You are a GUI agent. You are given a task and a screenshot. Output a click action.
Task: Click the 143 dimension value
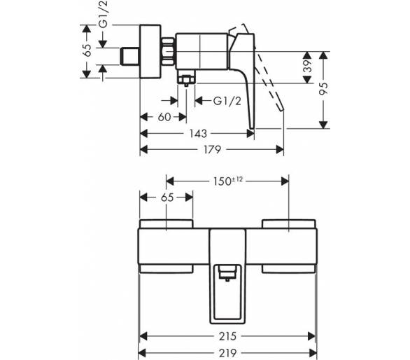[198, 134]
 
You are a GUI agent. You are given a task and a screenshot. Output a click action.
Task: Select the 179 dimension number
[212, 149]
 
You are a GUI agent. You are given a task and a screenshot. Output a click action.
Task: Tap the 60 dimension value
[164, 117]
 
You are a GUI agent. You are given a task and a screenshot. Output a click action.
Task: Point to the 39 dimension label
[309, 66]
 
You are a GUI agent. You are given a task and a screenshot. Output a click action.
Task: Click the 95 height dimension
[324, 88]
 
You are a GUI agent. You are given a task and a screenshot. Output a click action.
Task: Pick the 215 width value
[228, 336]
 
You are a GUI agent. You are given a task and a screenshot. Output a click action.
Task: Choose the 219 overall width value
[228, 353]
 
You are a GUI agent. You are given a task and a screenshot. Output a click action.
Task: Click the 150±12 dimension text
[228, 181]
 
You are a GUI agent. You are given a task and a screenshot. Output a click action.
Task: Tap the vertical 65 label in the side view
[87, 50]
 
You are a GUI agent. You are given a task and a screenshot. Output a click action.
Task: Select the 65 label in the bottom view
[167, 198]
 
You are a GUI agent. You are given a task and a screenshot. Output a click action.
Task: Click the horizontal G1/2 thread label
[227, 101]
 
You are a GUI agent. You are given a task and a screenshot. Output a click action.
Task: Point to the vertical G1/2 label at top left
[104, 14]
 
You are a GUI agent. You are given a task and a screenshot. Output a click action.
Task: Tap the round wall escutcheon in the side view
[150, 52]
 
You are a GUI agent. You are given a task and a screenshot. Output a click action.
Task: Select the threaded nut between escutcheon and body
[168, 52]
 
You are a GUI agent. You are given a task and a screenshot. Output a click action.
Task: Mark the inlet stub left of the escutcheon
[130, 56]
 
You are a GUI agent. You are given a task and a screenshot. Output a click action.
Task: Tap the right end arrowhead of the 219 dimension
[313, 353]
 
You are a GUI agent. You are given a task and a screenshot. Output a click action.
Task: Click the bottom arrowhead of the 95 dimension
[324, 125]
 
